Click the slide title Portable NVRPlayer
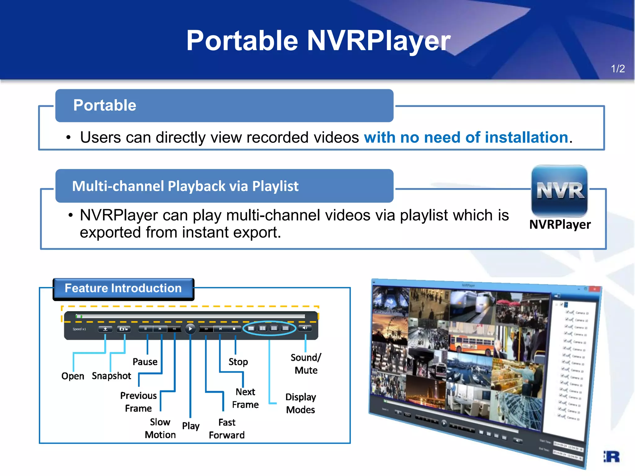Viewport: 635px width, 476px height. click(318, 41)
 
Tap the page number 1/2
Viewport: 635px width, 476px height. click(618, 68)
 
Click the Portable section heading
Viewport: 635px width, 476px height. click(105, 105)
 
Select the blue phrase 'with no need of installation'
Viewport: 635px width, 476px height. click(466, 137)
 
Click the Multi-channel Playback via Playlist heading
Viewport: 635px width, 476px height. click(185, 186)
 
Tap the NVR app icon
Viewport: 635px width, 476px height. click(560, 191)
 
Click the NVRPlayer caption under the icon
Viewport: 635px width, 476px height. click(560, 224)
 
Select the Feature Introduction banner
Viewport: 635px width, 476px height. click(123, 288)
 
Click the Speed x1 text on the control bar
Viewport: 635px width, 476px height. click(79, 329)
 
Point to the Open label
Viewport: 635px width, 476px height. click(73, 376)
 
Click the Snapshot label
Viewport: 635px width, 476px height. click(112, 376)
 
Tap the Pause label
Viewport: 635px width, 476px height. click(145, 362)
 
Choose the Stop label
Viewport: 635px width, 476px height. click(238, 362)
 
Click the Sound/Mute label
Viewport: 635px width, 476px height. click(306, 364)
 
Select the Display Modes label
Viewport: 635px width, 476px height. click(300, 403)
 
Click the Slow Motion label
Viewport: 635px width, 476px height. click(160, 428)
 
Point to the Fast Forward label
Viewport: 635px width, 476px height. click(227, 429)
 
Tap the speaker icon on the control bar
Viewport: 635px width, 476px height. click(305, 328)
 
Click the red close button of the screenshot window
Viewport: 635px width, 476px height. click(594, 289)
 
